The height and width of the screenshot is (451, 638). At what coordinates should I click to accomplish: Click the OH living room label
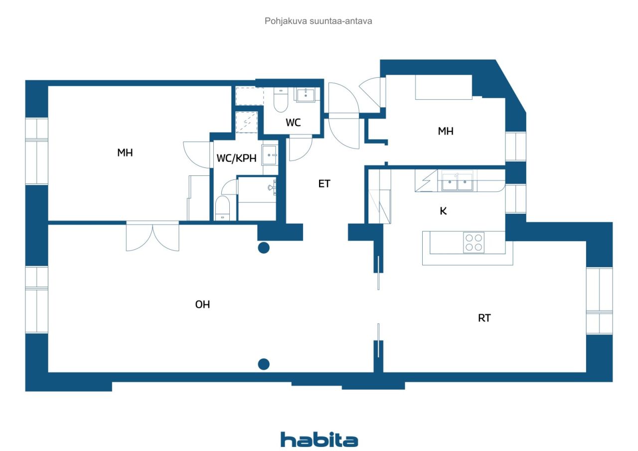tap(202, 304)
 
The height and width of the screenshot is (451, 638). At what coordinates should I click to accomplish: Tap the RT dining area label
tap(484, 318)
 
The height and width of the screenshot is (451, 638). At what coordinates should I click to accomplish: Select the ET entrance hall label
tap(324, 184)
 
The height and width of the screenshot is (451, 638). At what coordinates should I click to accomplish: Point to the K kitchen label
tap(443, 211)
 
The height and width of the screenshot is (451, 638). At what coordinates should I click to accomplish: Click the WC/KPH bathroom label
tap(236, 158)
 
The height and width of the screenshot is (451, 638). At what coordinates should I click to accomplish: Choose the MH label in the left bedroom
tap(125, 152)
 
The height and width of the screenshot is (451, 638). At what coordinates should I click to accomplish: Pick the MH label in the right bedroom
tap(446, 131)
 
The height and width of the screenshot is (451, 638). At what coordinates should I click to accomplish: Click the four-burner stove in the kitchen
tap(474, 243)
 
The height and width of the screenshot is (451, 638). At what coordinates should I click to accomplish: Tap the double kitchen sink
tap(457, 181)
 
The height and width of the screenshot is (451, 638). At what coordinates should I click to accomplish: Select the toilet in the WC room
tap(281, 100)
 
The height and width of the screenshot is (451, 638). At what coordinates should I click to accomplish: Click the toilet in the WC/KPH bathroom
tap(222, 208)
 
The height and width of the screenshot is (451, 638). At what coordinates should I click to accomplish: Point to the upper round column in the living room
tap(264, 248)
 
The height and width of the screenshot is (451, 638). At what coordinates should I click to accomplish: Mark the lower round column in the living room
tap(264, 364)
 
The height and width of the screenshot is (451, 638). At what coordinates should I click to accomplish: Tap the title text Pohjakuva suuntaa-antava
tap(318, 21)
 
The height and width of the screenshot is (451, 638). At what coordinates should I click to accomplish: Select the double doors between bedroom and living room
tap(153, 236)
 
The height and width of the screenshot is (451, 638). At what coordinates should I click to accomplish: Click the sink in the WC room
tap(306, 95)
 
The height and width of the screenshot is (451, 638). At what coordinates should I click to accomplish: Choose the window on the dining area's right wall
tap(599, 301)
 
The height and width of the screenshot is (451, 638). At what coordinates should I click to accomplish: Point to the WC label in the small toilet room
tap(293, 123)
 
